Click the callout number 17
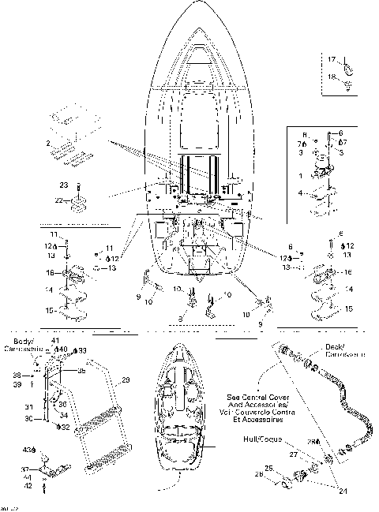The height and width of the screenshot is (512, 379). click(332, 59)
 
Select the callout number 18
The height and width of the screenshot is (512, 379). click(332, 76)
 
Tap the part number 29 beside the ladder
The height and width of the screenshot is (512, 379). click(124, 380)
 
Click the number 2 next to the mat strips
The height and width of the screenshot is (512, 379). click(48, 143)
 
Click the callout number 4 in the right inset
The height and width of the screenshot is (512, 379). click(300, 192)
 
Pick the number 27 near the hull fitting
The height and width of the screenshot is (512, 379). click(294, 455)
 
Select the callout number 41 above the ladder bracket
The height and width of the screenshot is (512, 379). click(56, 340)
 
